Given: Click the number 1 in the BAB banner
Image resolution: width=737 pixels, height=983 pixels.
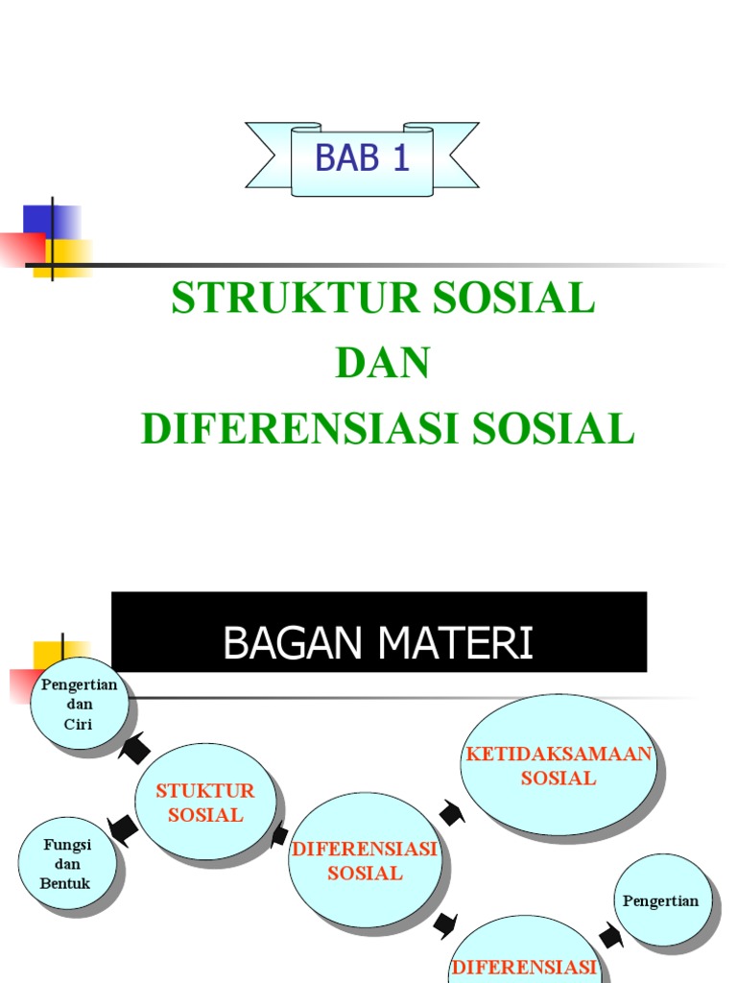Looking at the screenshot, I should point(400,158).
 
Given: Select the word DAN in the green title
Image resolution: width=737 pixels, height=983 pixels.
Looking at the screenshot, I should point(383,364).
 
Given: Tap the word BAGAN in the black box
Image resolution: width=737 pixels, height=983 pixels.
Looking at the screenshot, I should point(287,644).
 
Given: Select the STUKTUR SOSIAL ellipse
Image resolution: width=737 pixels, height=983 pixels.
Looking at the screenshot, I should point(205,802).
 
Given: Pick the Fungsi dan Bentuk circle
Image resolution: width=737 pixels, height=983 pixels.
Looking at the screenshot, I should point(67,864).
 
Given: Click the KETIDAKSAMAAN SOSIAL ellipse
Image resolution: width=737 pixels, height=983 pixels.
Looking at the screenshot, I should point(559,764).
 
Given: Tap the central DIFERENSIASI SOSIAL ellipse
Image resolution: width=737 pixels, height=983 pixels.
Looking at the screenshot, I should point(365,861).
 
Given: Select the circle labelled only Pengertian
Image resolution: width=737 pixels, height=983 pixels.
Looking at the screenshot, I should point(661,900).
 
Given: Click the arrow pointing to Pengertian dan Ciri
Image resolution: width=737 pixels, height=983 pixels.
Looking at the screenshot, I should point(134,747).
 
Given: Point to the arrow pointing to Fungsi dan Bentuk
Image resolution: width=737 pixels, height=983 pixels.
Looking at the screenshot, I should point(121,828).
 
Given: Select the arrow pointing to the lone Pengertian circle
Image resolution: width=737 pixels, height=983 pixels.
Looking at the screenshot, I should point(610,935).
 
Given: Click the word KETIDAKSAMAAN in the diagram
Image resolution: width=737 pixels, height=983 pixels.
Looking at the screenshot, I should point(559,754).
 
